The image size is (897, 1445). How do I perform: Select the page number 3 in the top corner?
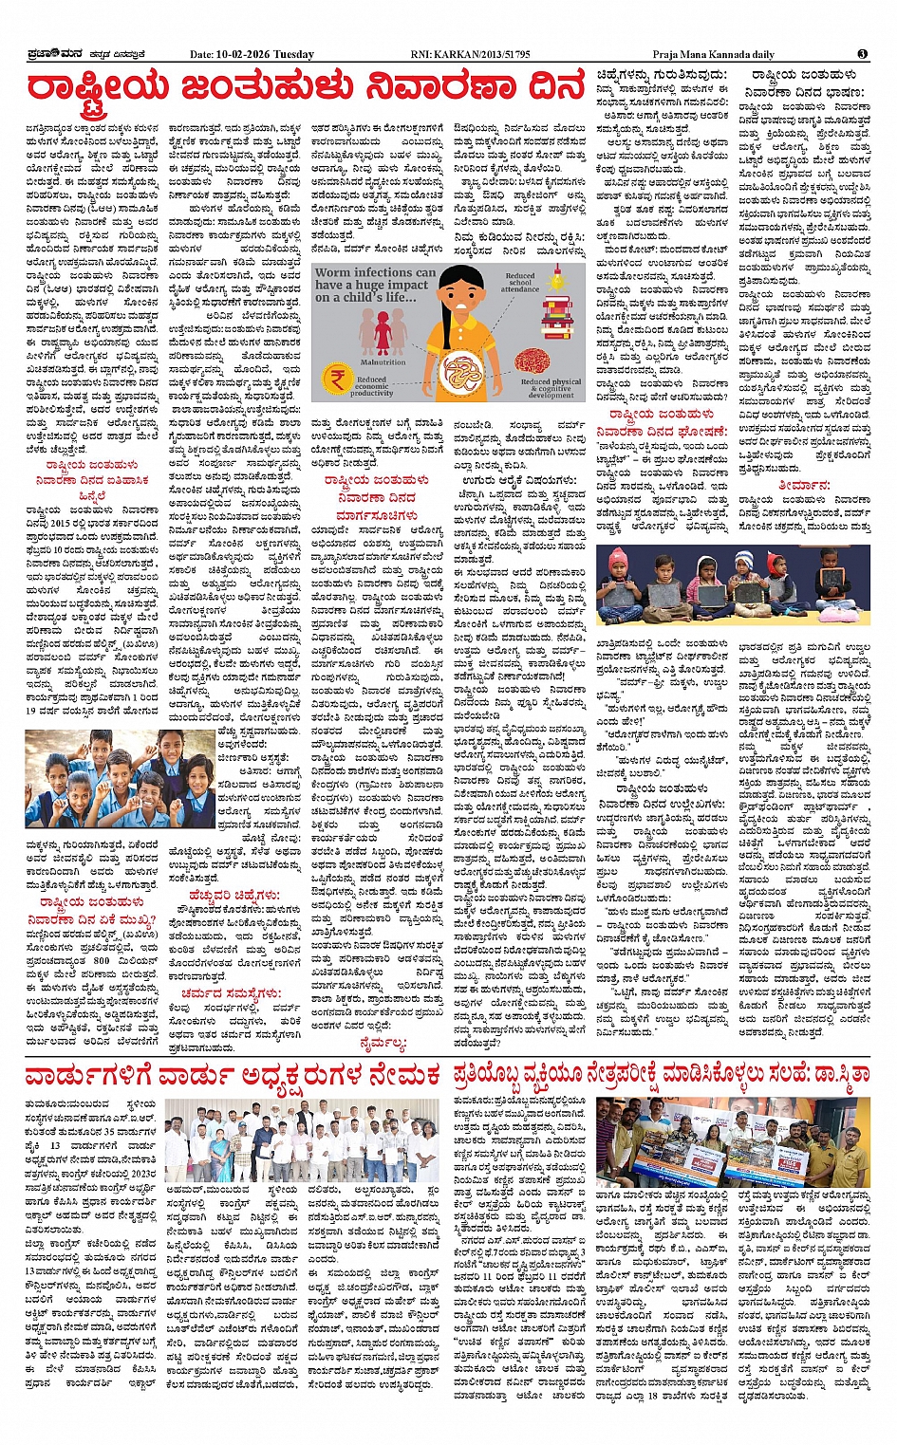863,54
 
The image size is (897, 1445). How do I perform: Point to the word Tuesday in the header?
295,54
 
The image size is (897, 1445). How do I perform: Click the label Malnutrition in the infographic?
383,361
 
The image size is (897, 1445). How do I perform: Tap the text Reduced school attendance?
520,283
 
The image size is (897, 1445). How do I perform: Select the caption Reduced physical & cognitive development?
551,389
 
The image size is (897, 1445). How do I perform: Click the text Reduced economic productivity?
371,386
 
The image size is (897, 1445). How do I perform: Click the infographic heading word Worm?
333,272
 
